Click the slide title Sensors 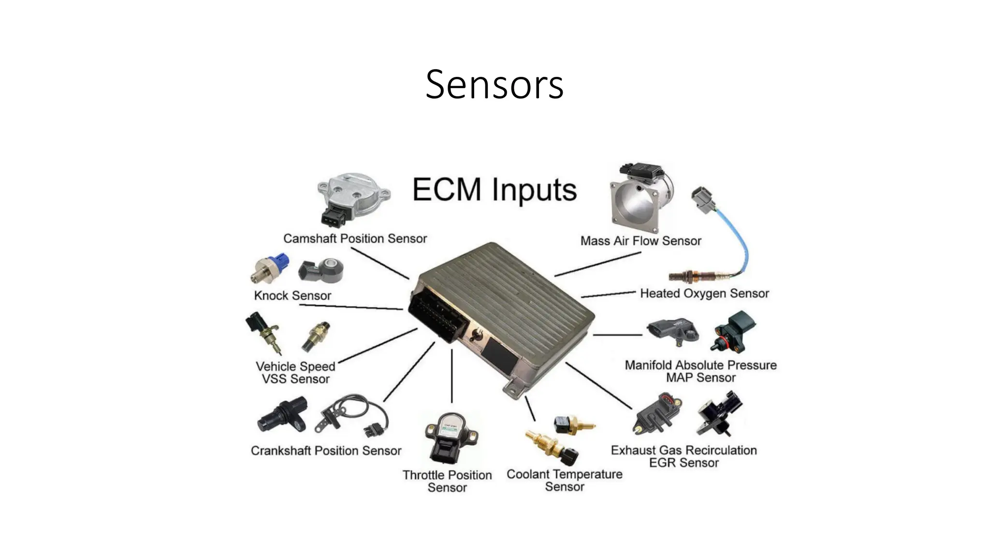tap(495, 85)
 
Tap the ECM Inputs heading tap(495, 190)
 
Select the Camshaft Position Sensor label tap(355, 238)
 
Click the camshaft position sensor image tap(352, 198)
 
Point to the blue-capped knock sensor tap(271, 269)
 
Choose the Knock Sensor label tap(292, 295)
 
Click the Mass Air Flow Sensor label tap(641, 241)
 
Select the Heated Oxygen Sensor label tap(704, 293)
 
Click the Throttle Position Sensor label tap(447, 481)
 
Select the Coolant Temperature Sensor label tap(564, 480)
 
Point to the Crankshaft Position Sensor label tap(326, 451)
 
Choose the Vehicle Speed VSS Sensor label tap(295, 373)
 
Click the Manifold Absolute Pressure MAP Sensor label tap(700, 371)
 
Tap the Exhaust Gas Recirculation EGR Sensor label tap(684, 456)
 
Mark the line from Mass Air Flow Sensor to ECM tap(598, 264)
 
